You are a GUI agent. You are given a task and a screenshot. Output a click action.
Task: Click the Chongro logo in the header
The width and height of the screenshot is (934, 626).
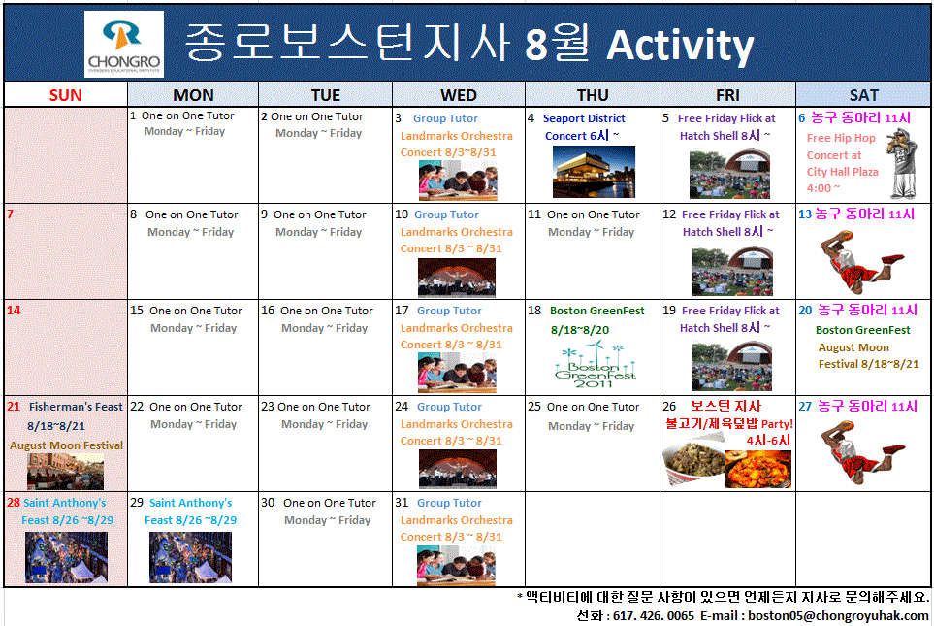(123, 45)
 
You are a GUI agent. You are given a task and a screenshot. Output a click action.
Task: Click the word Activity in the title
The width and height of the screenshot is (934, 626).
(680, 46)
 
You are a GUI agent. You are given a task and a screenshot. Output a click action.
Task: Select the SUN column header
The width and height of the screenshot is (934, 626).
(66, 95)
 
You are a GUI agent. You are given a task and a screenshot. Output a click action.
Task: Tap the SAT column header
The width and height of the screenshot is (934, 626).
(863, 95)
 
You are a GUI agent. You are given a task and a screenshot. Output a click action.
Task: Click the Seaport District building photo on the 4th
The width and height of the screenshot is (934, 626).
(594, 171)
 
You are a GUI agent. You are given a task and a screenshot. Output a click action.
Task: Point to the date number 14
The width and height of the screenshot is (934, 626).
(14, 311)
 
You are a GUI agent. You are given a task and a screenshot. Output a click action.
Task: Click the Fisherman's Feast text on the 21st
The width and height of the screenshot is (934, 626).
(76, 407)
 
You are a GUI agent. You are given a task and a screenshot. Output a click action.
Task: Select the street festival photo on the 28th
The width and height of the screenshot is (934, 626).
(66, 557)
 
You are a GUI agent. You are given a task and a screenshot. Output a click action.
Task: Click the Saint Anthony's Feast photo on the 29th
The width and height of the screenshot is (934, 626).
(190, 557)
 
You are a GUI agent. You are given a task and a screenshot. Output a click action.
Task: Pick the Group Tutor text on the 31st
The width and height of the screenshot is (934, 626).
(449, 503)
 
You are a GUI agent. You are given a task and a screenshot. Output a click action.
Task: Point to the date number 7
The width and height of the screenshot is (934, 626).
(10, 214)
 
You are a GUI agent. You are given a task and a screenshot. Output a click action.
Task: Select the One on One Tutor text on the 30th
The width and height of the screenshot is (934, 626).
(329, 503)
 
